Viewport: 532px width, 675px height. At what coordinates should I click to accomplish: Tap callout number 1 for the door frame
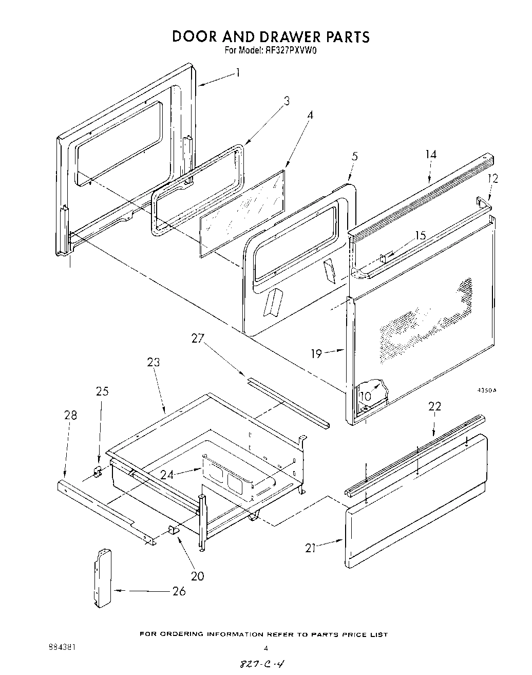coord(238,73)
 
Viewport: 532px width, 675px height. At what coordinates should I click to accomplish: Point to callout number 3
coord(287,101)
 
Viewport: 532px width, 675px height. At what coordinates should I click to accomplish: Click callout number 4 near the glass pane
coord(310,116)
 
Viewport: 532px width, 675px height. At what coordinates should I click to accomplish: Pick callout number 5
coord(355,156)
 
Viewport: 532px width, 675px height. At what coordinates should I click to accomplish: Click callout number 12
coord(493,179)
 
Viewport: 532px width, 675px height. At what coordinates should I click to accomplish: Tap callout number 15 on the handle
coord(420,236)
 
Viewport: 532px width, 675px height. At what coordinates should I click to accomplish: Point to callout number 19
coord(316,353)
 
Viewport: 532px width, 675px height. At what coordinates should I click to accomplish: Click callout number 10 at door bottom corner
coord(366,397)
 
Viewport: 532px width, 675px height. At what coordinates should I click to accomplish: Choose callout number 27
coord(198,339)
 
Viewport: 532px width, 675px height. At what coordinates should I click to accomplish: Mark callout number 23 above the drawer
coord(153,363)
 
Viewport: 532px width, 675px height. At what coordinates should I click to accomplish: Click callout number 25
coord(102,391)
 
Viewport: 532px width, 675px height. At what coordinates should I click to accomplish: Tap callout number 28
coord(70,415)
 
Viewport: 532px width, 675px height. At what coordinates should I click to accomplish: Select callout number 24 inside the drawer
coord(167,475)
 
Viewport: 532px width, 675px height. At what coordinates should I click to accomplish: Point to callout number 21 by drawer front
coord(310,548)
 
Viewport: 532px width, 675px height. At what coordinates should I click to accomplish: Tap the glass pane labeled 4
coord(241,211)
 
